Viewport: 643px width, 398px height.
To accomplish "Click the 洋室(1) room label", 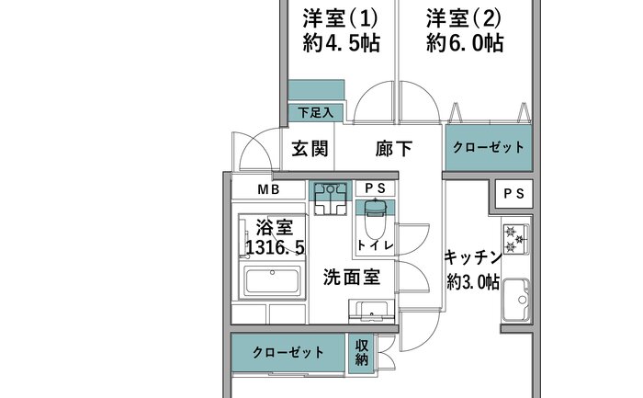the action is (x=340, y=18).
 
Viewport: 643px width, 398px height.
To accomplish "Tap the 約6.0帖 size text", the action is (x=465, y=43).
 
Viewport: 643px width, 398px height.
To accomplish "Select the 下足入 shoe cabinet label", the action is (x=315, y=112).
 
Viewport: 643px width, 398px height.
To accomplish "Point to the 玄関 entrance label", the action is (x=310, y=148).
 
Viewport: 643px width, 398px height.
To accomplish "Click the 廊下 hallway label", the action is (x=394, y=149).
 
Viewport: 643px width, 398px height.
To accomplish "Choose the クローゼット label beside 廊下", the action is (x=489, y=147).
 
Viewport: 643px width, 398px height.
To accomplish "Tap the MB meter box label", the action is (x=268, y=189).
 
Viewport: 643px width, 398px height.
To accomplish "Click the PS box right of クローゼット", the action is (x=513, y=193).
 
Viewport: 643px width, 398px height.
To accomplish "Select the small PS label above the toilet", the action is (x=375, y=188).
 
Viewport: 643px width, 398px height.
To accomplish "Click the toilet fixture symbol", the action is (x=375, y=218).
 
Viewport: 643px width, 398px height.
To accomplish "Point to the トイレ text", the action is (x=376, y=245).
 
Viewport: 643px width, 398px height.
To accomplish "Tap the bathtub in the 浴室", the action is (x=272, y=281).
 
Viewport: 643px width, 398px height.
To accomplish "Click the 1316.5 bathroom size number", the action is (x=276, y=247).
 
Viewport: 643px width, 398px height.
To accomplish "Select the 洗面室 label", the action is (x=352, y=278).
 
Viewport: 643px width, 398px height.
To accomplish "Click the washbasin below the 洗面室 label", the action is (x=371, y=311).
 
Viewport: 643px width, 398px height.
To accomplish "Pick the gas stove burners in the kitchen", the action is (x=515, y=239).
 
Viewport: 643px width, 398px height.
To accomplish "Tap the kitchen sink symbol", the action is (x=516, y=299).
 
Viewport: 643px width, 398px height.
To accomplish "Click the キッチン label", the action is (x=473, y=257).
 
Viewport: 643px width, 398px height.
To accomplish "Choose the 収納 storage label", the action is (x=361, y=353).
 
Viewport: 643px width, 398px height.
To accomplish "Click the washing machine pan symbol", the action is (x=330, y=199).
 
